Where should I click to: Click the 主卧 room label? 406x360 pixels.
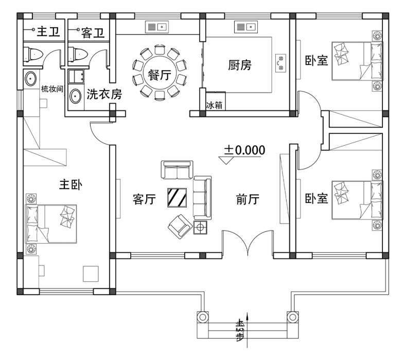[x=70, y=185]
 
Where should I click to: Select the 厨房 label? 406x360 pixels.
[x=240, y=65]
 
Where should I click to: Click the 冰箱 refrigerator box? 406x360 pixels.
[x=216, y=101]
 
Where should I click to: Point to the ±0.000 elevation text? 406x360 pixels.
[x=245, y=150]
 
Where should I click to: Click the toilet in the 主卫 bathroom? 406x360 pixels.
[x=33, y=54]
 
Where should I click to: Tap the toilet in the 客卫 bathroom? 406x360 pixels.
[x=78, y=54]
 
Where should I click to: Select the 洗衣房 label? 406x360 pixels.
[x=104, y=94]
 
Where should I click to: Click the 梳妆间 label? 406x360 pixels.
[x=52, y=89]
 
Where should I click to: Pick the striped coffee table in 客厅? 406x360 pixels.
[x=177, y=197]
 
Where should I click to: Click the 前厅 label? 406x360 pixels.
[x=248, y=199]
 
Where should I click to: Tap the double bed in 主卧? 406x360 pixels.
[x=51, y=224]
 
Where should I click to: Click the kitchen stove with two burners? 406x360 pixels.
[x=280, y=63]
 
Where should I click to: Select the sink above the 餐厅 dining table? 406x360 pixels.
[x=157, y=27]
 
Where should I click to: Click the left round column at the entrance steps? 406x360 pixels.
[x=202, y=317]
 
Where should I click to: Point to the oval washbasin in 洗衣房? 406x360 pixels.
[x=75, y=96]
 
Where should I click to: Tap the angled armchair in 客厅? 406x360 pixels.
[x=180, y=227]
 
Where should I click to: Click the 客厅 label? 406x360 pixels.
[x=144, y=199]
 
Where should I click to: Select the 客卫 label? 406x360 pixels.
[x=93, y=33]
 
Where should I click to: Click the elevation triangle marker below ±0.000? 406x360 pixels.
[x=226, y=160]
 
